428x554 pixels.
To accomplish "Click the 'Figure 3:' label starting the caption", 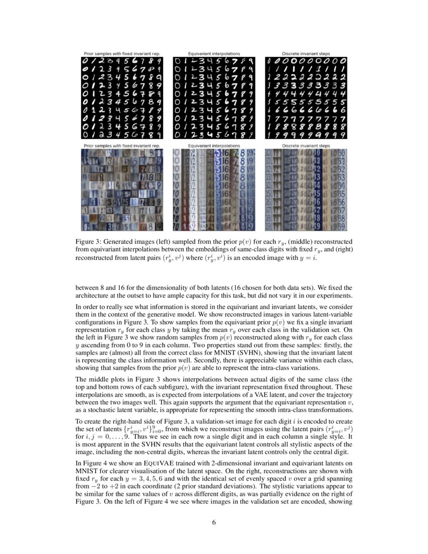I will click(x=90, y=241).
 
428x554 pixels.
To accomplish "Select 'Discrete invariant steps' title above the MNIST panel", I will click(x=306, y=53).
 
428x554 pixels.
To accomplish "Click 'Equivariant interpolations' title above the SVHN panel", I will click(x=214, y=146).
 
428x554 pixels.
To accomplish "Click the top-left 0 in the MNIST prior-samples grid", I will click(x=86, y=61).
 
